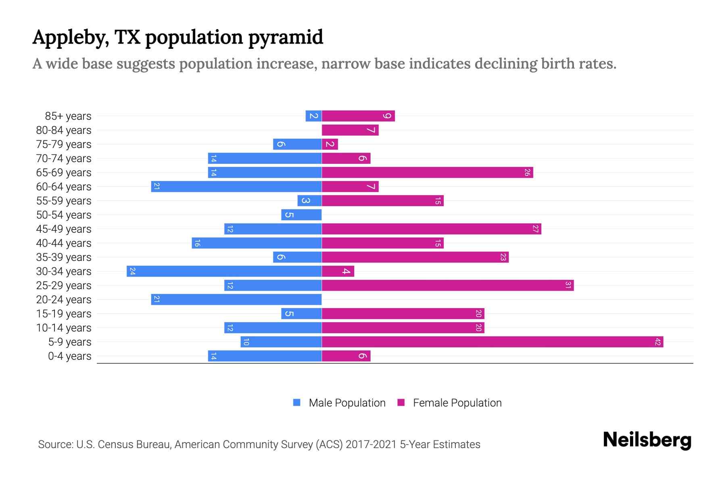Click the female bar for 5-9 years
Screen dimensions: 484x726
pos(492,342)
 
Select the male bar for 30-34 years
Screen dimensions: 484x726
pos(224,271)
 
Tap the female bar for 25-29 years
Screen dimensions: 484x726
pos(448,286)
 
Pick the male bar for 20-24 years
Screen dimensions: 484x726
pos(236,300)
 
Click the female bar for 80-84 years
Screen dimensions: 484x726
pos(350,130)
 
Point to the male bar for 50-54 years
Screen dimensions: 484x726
pos(301,215)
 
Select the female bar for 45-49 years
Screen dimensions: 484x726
pos(431,229)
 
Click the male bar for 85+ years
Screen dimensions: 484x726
pos(313,116)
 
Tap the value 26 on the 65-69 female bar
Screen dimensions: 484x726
pos(527,173)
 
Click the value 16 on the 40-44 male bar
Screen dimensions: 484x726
pos(197,243)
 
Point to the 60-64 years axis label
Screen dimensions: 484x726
pos(64,187)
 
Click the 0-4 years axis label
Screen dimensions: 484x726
pos(69,356)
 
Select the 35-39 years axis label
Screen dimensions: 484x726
pos(64,257)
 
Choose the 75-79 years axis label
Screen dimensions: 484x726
pos(64,144)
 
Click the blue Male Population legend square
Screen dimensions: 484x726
pos(297,403)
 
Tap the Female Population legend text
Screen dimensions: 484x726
pos(457,403)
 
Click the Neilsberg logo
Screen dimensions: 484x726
pos(647,440)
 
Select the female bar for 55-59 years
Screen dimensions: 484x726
pos(382,201)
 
